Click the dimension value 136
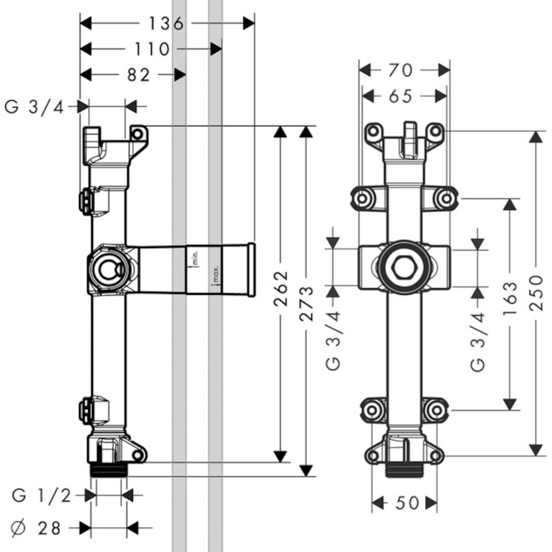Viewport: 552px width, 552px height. (x=166, y=23)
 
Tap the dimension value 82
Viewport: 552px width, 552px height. (x=139, y=75)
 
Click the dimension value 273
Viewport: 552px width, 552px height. (x=306, y=304)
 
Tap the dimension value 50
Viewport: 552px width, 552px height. (x=406, y=503)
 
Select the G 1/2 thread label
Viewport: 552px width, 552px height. (x=42, y=495)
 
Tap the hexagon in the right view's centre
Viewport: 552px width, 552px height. (x=404, y=268)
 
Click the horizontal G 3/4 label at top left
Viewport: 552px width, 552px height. (x=34, y=107)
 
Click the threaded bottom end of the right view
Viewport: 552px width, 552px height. (x=404, y=470)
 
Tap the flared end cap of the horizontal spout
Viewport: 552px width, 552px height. (x=250, y=270)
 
